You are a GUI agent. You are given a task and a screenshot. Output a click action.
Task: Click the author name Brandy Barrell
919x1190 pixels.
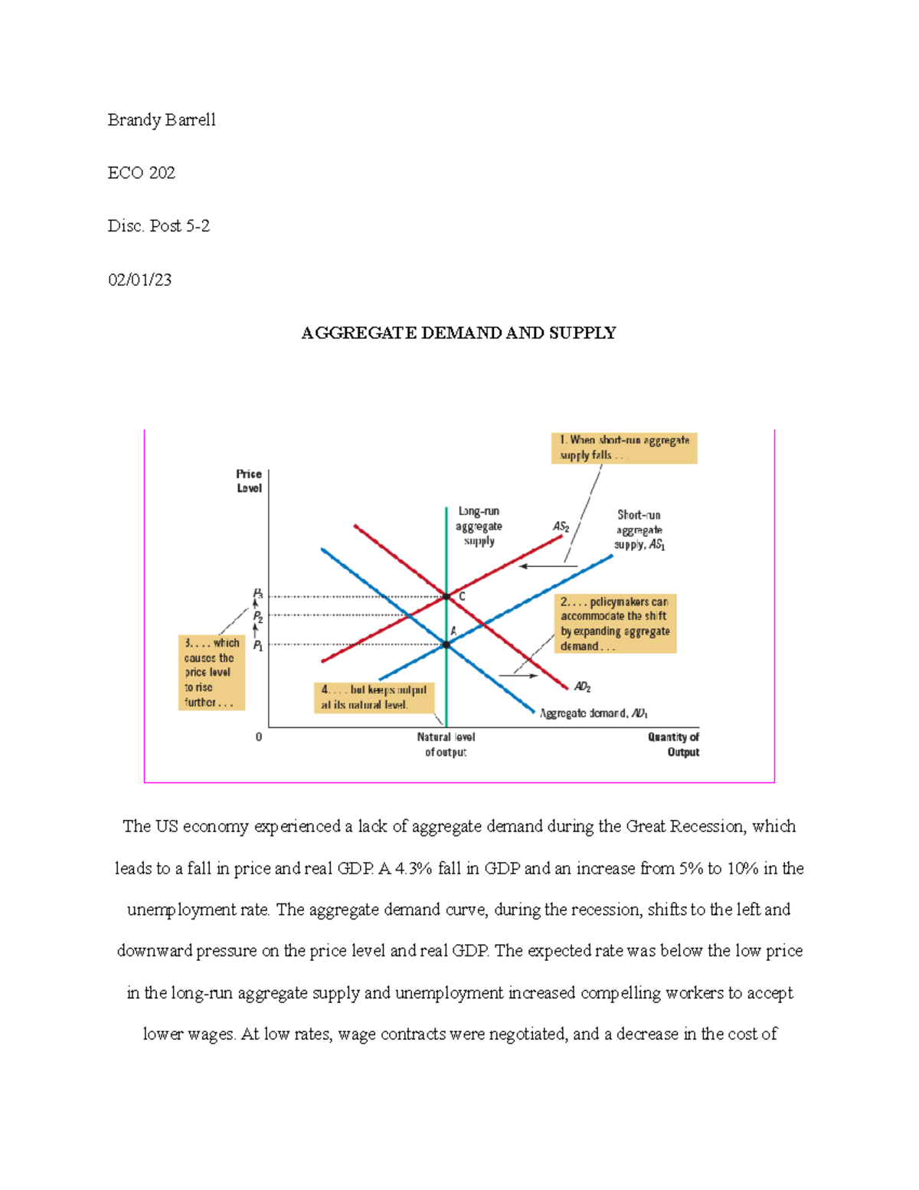(162, 120)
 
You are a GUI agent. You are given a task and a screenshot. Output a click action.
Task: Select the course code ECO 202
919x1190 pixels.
(142, 173)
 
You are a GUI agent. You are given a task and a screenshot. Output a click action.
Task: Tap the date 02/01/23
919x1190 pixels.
(139, 280)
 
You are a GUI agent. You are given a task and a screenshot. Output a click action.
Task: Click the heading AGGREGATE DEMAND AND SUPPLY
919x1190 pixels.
(459, 333)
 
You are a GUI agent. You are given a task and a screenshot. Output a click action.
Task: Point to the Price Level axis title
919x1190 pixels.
(249, 481)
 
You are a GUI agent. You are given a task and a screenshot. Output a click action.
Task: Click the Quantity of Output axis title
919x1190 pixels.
(673, 744)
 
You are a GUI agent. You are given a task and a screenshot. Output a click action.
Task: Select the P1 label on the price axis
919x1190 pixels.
(258, 646)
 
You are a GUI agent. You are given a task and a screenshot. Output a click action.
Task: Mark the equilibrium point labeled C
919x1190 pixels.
(447, 596)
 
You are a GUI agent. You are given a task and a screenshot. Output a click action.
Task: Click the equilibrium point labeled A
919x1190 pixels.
(447, 644)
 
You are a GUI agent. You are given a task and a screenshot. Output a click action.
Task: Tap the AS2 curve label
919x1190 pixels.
(561, 526)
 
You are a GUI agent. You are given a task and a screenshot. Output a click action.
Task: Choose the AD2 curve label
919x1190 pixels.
(582, 687)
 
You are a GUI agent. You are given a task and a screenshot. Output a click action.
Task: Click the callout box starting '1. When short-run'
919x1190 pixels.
(624, 447)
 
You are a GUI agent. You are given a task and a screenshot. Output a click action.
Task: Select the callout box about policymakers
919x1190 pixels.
(615, 624)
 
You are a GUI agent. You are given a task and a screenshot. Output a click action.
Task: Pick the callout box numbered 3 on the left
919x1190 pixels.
(211, 672)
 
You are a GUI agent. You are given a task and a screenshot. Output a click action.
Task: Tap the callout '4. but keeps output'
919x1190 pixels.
(374, 697)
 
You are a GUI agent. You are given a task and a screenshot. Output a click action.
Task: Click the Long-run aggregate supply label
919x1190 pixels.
(479, 526)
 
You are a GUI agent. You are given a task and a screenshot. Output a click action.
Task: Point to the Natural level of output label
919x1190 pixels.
(446, 744)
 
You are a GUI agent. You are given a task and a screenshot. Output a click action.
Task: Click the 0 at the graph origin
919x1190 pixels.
(259, 737)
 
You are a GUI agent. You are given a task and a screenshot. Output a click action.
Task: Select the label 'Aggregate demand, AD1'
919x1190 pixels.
(594, 713)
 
